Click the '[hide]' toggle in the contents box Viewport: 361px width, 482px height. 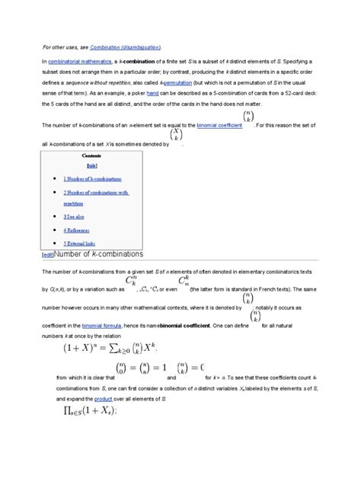point(91,164)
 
